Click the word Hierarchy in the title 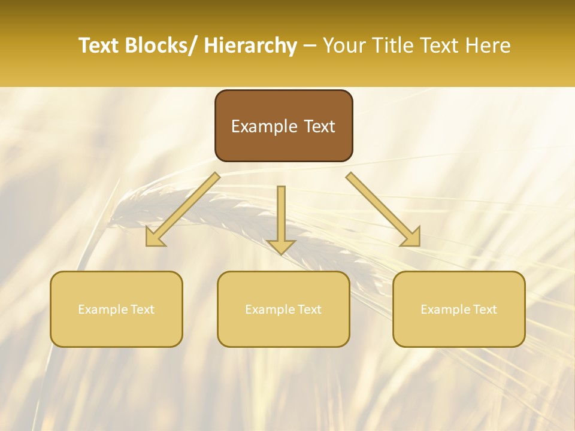click(250, 45)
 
